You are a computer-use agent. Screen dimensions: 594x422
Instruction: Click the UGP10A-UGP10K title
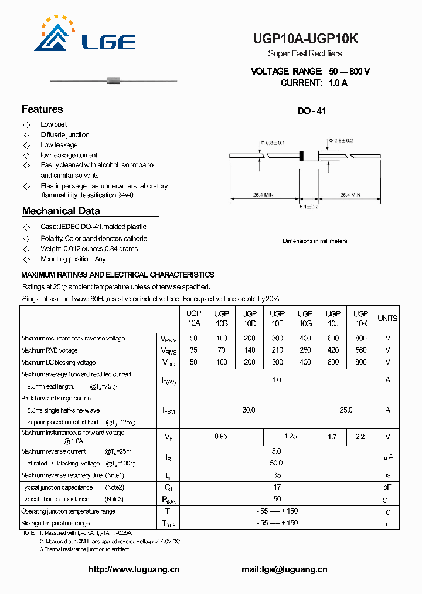click(305, 39)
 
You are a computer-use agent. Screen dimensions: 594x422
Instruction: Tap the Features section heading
click(42, 109)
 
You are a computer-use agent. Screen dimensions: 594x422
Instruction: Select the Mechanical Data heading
click(61, 211)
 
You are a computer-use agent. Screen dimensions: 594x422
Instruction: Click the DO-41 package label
click(312, 111)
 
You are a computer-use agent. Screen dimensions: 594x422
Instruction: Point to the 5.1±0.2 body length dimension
click(309, 207)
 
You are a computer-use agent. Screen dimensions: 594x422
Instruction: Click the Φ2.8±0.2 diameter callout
click(341, 141)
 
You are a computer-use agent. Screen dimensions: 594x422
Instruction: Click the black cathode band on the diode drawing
click(302, 156)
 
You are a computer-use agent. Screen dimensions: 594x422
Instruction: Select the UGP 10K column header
click(361, 319)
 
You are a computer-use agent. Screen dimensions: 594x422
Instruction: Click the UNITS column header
click(387, 319)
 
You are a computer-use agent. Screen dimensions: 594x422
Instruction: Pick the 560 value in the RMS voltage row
click(361, 350)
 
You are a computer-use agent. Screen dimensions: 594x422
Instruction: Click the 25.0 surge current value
click(346, 410)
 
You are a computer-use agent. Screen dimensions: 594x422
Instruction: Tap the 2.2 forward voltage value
click(360, 437)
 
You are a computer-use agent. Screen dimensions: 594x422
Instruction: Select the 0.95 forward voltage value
click(221, 437)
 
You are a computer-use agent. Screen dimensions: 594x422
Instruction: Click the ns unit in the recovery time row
click(387, 475)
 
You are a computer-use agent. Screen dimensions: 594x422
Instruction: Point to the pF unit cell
click(387, 487)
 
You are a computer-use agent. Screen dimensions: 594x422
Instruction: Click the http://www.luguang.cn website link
click(134, 569)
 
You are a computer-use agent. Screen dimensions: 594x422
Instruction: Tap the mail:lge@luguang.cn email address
click(284, 569)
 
